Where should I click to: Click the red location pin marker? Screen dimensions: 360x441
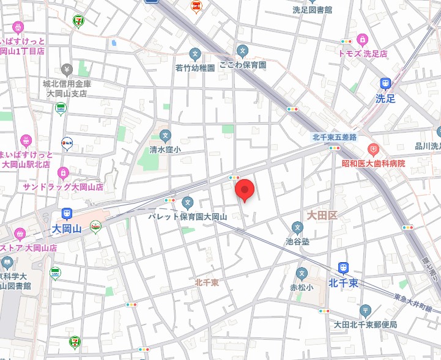click(245, 190)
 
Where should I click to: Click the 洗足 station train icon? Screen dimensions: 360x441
click(385, 83)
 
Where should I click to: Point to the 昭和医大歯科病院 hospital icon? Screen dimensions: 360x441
click(373, 149)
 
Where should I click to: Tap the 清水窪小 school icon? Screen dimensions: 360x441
click(165, 135)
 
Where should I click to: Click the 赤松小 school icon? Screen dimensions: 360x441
click(301, 273)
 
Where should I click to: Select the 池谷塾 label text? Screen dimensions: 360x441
click(297, 242)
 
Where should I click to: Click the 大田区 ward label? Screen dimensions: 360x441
click(322, 215)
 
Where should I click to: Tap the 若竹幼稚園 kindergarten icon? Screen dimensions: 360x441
click(195, 54)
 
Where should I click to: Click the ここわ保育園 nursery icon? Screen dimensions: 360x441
click(243, 50)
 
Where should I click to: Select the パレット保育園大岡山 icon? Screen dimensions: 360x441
click(188, 202)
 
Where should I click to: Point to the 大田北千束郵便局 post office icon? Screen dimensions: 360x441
click(365, 310)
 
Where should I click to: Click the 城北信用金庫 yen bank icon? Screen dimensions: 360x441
click(67, 68)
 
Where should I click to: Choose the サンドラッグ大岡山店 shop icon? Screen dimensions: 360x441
click(63, 173)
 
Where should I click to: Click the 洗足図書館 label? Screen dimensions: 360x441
click(311, 10)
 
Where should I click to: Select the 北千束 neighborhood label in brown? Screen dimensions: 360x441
click(207, 282)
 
